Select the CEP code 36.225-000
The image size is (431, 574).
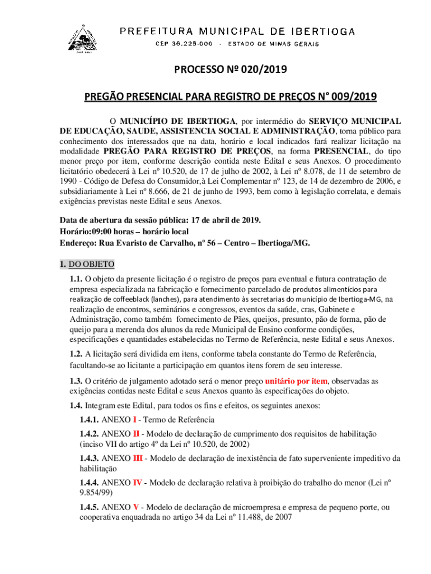coord(181,44)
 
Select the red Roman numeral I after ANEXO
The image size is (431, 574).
coord(134,419)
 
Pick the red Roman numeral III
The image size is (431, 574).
coord(138,459)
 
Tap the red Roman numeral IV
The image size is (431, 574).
coord(137,482)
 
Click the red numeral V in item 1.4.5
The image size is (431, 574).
coord(136,507)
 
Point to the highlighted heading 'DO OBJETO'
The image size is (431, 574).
coord(92,264)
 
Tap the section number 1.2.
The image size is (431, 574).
coord(76,353)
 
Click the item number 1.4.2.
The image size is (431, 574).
coord(89,434)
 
